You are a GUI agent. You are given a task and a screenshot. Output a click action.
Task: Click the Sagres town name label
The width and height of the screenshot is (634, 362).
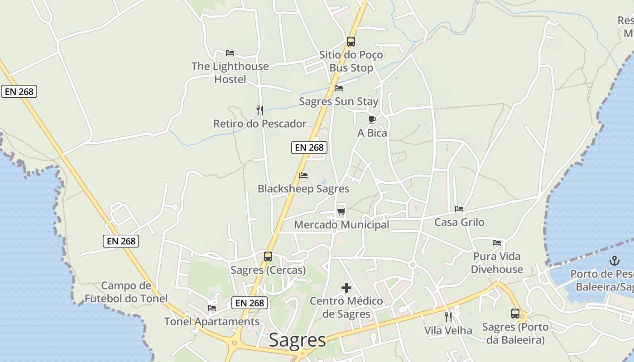tap(297, 340)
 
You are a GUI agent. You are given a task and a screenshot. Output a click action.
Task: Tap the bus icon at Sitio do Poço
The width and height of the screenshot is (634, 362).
tap(351, 42)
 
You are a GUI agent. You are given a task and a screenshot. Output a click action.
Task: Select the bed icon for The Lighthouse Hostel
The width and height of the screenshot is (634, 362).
tap(230, 53)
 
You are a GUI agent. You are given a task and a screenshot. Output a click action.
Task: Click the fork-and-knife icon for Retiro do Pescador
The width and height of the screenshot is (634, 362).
tap(259, 110)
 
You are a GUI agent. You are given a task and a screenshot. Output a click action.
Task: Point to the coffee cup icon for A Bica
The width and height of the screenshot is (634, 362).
tap(372, 119)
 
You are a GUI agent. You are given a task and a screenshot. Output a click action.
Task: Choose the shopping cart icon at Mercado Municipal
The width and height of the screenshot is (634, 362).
tap(341, 212)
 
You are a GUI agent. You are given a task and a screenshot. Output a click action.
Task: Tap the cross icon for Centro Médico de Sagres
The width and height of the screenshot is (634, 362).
tap(346, 288)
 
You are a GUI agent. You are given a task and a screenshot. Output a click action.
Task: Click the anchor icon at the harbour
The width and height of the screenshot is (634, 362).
tap(615, 261)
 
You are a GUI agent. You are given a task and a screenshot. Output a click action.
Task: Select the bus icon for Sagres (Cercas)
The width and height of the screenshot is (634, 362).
tap(268, 257)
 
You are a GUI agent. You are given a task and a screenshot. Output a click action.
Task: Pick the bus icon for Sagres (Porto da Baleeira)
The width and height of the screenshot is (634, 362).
tap(515, 314)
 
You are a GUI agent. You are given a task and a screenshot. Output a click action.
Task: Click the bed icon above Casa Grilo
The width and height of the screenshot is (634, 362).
tap(459, 209)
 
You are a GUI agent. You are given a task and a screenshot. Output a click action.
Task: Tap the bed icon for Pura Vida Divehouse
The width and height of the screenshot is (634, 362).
tap(497, 243)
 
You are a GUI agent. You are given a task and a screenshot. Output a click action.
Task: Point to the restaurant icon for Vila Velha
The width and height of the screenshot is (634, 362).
tap(448, 317)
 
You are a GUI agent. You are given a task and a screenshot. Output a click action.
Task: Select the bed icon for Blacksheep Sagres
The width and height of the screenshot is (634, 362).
tap(303, 176)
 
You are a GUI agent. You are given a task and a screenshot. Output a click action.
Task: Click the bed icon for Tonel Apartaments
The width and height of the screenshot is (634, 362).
tap(211, 308)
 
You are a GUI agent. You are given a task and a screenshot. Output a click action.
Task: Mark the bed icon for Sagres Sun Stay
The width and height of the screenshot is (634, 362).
tap(338, 88)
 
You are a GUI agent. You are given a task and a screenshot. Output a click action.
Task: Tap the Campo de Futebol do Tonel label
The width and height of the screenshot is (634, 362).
tap(126, 292)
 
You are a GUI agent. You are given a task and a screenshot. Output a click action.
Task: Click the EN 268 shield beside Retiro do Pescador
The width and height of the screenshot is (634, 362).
tap(309, 147)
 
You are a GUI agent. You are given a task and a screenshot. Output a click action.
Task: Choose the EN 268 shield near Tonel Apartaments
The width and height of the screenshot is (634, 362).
tap(249, 303)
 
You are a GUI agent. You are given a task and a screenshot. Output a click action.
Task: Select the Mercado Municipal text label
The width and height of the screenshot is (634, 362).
tap(341, 225)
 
